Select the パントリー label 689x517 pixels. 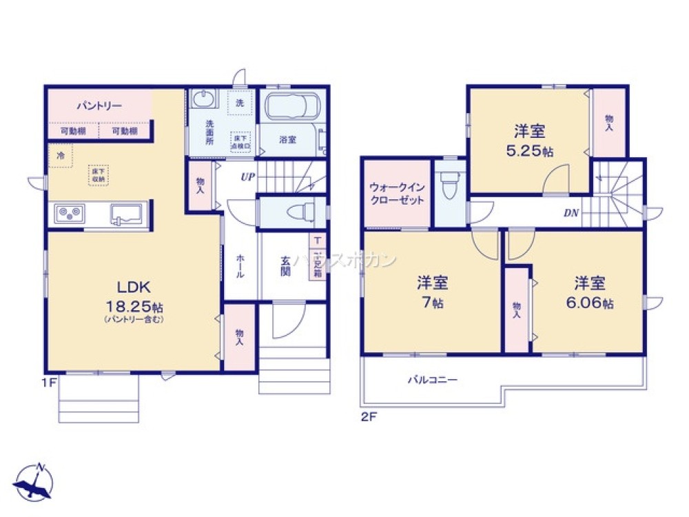pyautogui.click(x=99, y=106)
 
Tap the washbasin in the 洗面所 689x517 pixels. pyautogui.click(x=203, y=101)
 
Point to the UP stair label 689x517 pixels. pyautogui.click(x=247, y=177)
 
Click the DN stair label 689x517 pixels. pyautogui.click(x=571, y=213)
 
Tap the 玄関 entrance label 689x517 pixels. pyautogui.click(x=285, y=266)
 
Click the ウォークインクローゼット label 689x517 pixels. pyautogui.click(x=397, y=193)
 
